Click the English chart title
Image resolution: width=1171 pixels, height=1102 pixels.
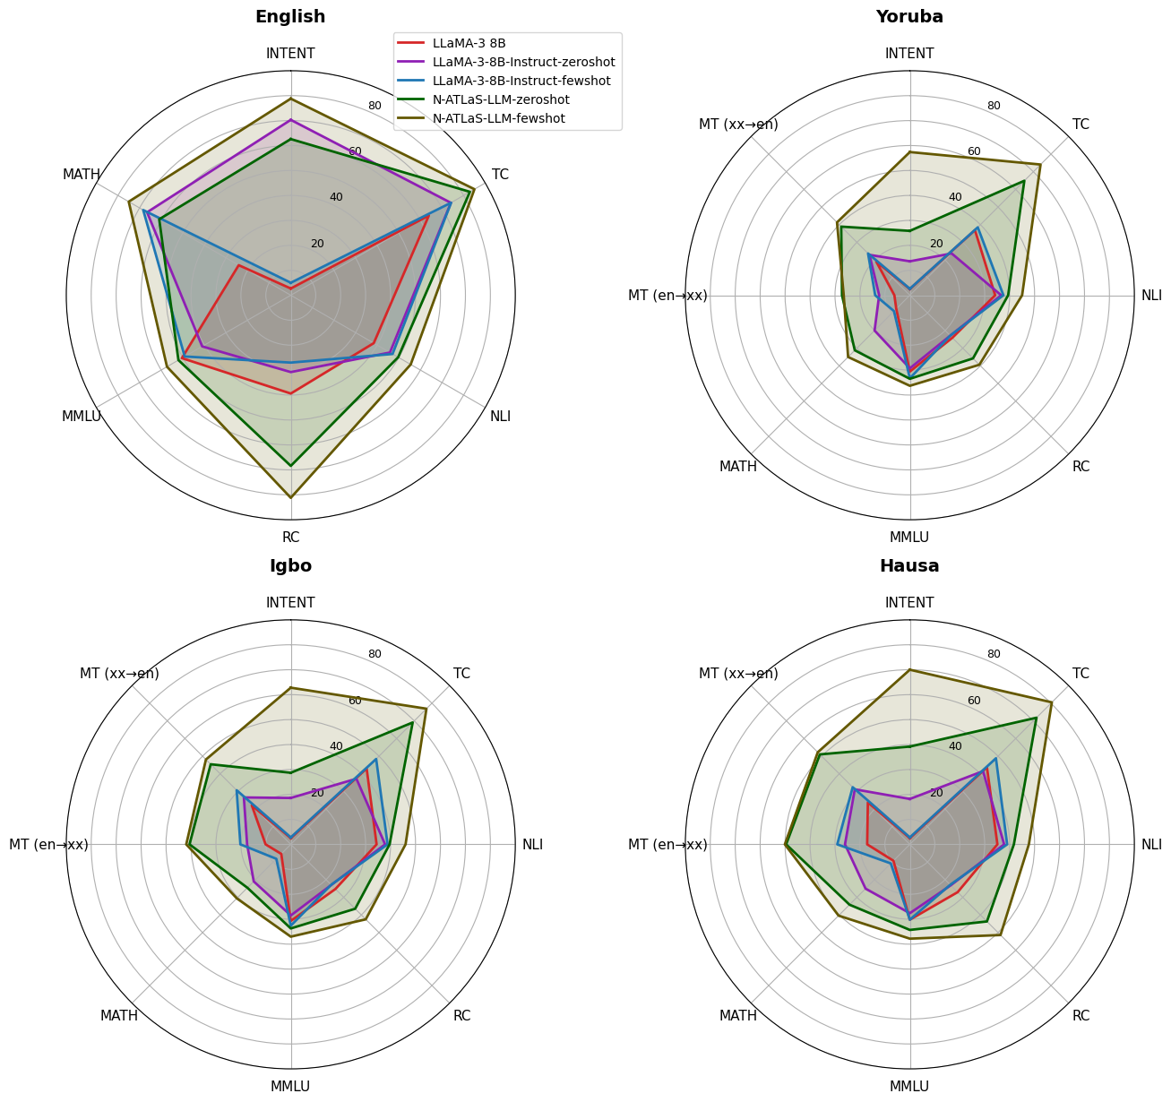point(290,17)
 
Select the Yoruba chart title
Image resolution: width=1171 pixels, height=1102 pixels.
point(909,17)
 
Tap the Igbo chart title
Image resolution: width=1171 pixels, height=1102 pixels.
point(290,566)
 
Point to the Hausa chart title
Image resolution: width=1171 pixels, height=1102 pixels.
point(909,566)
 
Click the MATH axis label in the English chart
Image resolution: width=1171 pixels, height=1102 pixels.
point(82,175)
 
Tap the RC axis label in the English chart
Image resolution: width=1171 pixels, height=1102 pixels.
point(290,538)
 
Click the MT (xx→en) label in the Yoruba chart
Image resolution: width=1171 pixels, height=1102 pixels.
point(738,125)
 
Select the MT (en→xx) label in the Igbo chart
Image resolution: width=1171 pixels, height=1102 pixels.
point(48,845)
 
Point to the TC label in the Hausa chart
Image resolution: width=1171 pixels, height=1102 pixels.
point(1081,674)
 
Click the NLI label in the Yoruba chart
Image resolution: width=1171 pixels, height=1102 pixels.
point(1150,296)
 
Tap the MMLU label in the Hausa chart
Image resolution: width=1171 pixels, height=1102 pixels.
point(909,1087)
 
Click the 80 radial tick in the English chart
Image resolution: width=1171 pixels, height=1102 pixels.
point(375,106)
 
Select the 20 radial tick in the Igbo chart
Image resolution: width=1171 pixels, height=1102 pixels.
point(317,793)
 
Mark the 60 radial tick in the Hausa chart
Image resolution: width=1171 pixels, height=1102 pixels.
point(974,701)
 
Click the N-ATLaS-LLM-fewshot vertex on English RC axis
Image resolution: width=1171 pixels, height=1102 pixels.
point(290,496)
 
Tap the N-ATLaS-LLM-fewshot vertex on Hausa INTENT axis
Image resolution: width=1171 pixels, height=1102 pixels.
point(909,669)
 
